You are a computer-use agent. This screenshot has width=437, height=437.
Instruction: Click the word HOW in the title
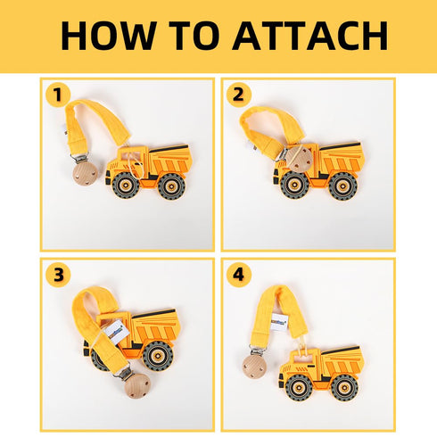[109, 36]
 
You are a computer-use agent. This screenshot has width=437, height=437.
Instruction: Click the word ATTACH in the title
[310, 36]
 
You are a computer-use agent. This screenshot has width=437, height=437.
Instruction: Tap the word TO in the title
[194, 36]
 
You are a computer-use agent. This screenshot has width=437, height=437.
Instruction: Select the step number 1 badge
[58, 95]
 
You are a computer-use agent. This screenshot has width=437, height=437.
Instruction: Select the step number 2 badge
[239, 95]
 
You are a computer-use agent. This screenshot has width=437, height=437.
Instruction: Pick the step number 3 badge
[58, 275]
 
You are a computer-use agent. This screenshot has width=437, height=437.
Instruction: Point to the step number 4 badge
[239, 275]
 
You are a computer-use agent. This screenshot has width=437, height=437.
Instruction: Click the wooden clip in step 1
[85, 173]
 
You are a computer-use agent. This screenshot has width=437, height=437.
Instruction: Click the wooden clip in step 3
[137, 386]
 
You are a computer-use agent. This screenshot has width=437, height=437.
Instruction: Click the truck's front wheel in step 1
[126, 186]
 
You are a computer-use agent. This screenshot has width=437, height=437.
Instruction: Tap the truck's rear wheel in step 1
[171, 186]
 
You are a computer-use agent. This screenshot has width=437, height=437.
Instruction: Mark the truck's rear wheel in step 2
[343, 186]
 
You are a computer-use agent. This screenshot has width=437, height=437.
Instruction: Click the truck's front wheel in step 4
[299, 387]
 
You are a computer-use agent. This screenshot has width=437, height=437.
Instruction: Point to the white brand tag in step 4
[279, 321]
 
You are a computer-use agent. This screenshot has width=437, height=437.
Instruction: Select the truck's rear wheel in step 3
[158, 356]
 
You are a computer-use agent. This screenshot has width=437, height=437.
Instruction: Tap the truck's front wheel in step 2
[295, 185]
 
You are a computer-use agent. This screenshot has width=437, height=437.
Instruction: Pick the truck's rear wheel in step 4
[344, 388]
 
